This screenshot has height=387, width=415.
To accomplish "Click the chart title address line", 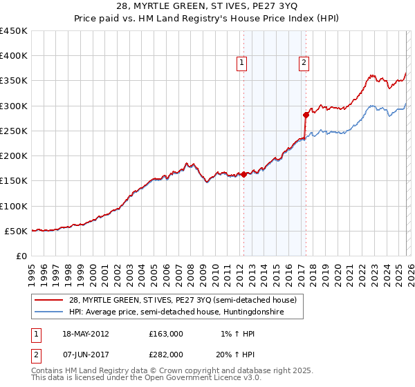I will click(207, 7).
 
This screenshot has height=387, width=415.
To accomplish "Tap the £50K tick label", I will click(16, 231).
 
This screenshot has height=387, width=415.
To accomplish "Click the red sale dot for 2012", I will click(243, 174).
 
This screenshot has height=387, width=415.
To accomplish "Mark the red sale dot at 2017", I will click(305, 115).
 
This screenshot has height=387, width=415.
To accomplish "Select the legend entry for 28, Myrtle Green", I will click(183, 300).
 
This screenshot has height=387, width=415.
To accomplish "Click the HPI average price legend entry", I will click(185, 312).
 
